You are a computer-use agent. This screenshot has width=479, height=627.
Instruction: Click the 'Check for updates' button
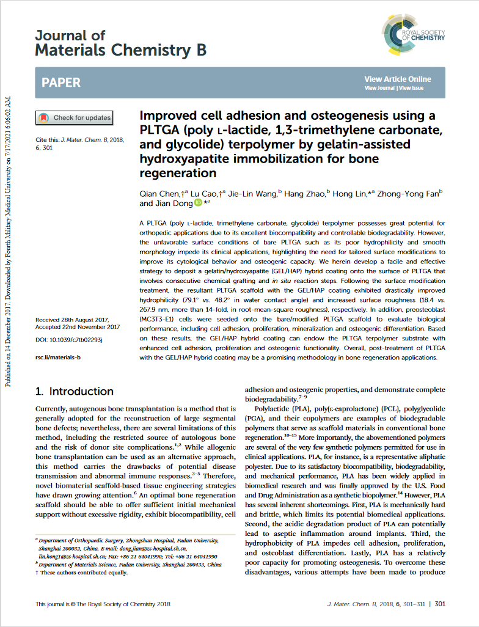(x=75, y=118)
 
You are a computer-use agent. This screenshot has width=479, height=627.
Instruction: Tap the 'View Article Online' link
(x=397, y=79)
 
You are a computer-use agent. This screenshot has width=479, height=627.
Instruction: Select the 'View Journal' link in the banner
(x=379, y=88)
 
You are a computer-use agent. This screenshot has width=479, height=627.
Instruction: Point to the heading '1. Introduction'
(x=74, y=391)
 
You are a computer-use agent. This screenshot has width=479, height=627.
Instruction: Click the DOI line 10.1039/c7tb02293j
(x=69, y=339)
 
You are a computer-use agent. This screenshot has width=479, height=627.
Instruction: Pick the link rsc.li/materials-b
(x=58, y=356)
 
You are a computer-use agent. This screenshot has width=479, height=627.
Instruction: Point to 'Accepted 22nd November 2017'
(x=78, y=327)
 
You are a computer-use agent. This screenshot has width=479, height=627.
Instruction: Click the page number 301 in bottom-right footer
(x=440, y=604)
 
